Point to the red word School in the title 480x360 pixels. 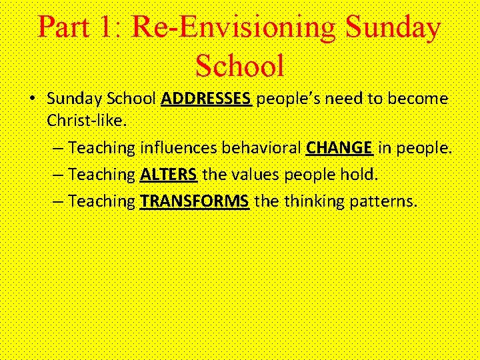tap(239, 65)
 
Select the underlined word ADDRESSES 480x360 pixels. tap(206, 99)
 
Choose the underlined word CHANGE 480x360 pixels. tap(339, 147)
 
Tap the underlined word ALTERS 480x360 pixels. tap(169, 175)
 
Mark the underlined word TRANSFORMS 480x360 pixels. tap(195, 201)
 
